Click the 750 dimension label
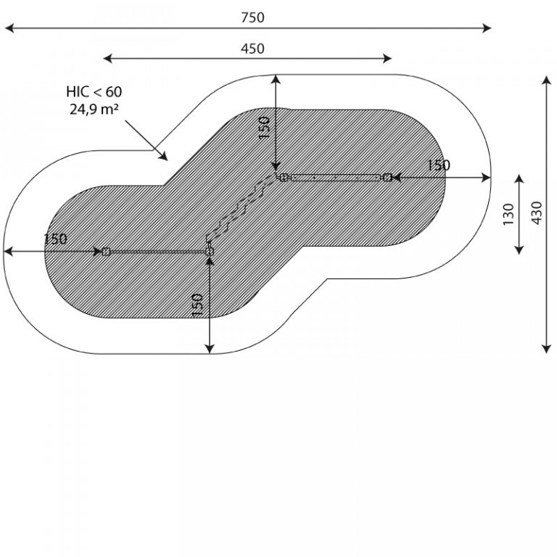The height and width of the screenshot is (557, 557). click(252, 17)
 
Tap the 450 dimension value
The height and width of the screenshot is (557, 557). click(252, 49)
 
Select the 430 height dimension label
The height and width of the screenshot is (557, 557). click(537, 213)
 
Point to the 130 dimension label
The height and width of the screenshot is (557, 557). click(508, 214)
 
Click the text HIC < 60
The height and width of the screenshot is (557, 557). click(94, 92)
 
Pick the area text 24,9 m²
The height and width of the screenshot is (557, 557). click(94, 110)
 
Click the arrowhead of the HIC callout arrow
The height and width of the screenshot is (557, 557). click(163, 157)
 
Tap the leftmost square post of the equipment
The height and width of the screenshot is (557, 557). click(106, 252)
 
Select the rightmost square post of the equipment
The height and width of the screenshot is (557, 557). click(387, 177)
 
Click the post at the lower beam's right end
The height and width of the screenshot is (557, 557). click(210, 252)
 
